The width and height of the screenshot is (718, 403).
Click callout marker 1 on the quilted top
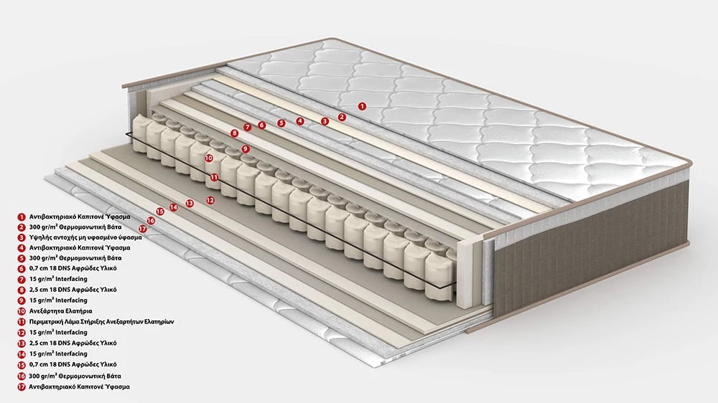[362, 106]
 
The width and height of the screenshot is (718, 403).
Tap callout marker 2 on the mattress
[342, 117]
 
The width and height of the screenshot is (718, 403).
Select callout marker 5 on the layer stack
[281, 123]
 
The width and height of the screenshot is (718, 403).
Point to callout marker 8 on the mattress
[235, 133]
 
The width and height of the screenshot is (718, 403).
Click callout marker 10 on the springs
[209, 158]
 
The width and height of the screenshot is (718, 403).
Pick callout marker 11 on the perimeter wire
[214, 176]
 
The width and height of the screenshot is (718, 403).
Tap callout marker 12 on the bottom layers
[210, 200]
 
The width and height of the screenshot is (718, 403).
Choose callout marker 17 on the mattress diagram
[142, 228]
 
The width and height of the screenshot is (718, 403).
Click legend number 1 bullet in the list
[22, 217]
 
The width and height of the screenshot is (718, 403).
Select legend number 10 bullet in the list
[22, 311]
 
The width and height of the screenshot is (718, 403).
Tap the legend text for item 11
[101, 321]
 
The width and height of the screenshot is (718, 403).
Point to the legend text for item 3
[85, 237]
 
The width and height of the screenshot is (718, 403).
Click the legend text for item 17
[79, 387]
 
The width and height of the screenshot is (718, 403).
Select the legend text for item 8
[73, 290]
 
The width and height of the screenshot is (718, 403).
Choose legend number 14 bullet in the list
[22, 354]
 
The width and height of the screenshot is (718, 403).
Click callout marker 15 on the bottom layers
[160, 212]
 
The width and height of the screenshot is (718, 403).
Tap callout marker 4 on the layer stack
[299, 121]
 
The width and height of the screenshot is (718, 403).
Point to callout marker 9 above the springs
[246, 148]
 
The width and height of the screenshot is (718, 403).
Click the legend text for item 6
[73, 268]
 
